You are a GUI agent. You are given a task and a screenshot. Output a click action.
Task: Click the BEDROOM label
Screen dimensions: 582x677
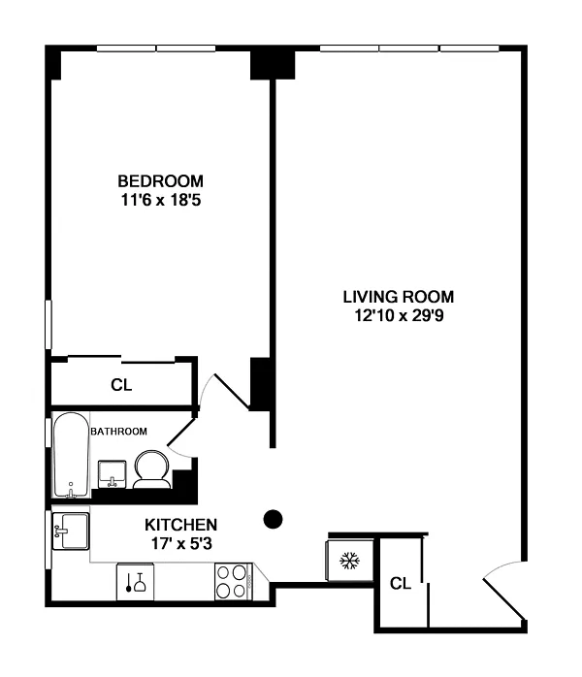160,181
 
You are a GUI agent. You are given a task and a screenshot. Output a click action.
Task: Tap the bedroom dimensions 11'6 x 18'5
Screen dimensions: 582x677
161,201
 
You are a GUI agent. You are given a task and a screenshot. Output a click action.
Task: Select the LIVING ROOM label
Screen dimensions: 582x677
399,297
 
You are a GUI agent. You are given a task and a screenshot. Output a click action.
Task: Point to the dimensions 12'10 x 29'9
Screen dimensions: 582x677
399,315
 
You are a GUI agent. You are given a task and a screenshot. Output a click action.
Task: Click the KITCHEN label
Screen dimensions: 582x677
180,525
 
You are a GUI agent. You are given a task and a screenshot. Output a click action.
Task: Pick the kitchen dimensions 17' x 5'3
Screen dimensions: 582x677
181,543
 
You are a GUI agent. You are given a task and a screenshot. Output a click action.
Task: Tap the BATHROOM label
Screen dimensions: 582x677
118,432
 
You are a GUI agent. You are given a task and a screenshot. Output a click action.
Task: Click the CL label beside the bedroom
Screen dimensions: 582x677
121,385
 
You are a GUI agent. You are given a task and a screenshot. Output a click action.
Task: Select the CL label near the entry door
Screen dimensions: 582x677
401,583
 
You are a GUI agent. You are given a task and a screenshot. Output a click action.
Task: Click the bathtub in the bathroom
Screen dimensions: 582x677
71,455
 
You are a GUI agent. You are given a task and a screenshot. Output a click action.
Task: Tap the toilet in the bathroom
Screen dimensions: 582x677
151,469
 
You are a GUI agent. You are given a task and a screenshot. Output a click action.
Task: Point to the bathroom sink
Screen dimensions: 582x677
113,474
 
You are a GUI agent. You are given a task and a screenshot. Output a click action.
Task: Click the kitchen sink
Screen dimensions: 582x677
71,532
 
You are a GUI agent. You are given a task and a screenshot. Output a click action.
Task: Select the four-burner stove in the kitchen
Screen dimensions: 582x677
234,581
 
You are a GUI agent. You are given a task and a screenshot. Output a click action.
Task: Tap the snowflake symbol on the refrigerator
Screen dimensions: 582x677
349,561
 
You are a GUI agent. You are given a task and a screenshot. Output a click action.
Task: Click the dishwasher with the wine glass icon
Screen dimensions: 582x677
135,582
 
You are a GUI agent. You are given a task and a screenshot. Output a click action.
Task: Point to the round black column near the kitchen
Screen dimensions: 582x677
273,519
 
